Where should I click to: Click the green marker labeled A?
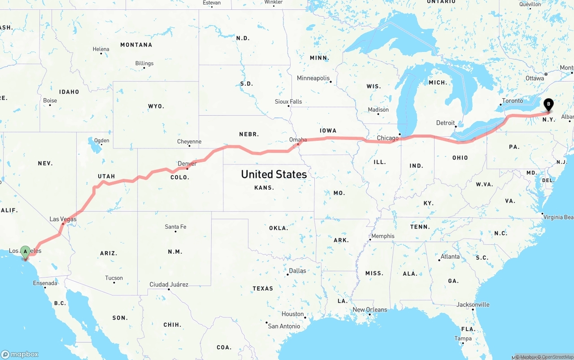[25, 252]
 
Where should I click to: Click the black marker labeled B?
[548, 105]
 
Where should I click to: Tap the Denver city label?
[187, 164]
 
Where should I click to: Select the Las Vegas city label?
[63, 219]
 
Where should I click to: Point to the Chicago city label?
[387, 138]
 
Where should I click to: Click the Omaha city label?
[298, 139]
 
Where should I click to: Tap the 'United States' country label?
[274, 174]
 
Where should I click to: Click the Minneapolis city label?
[313, 78]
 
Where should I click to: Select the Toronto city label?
[512, 100]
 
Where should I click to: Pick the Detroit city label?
[445, 122]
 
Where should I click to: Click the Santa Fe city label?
[175, 227]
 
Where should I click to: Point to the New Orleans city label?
[370, 309]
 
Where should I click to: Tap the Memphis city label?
[383, 236]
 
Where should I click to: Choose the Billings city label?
[144, 63]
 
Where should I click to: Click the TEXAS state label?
[263, 288]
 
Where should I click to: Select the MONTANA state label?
[136, 45]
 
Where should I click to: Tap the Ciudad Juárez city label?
[169, 284]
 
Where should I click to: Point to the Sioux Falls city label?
[288, 102]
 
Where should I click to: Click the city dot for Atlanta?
[439, 260]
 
